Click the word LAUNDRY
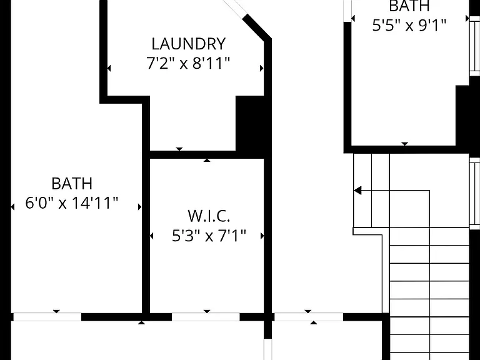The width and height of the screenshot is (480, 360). (x=189, y=44)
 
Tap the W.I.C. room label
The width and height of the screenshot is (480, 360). (x=209, y=216)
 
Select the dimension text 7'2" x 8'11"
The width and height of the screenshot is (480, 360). (x=188, y=63)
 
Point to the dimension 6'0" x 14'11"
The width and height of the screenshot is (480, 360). (x=72, y=202)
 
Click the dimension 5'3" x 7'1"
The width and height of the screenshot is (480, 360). (x=209, y=236)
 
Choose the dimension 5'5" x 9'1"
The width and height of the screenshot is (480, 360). (x=409, y=25)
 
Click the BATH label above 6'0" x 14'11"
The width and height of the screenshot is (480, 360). (x=72, y=184)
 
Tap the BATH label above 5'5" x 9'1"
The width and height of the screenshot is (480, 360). (x=409, y=6)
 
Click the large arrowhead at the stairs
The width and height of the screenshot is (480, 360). (x=358, y=191)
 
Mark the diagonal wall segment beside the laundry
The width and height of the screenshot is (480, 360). (x=257, y=27)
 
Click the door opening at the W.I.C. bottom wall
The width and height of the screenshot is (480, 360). (x=206, y=317)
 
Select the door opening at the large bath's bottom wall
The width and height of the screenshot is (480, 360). (x=47, y=317)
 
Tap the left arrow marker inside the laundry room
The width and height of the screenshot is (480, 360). (x=109, y=68)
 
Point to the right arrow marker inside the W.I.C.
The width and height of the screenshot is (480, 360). (x=262, y=236)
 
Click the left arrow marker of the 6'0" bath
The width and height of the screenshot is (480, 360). (x=12, y=207)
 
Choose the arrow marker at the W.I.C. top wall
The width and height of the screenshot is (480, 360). (x=207, y=160)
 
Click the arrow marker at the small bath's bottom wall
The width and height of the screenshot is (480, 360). (x=405, y=144)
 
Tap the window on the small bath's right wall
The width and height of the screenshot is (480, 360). (x=474, y=45)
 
